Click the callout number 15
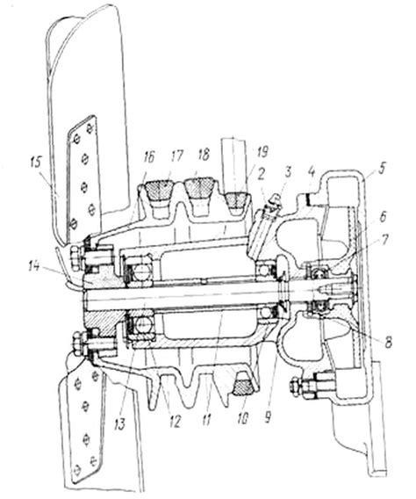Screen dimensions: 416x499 pyautogui.click(x=36, y=163)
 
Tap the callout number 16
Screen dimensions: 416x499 pyautogui.click(x=148, y=157)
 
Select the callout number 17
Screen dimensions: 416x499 pyautogui.click(x=176, y=156)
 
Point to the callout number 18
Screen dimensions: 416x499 pyautogui.click(x=204, y=155)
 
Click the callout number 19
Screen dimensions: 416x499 pyautogui.click(x=262, y=152)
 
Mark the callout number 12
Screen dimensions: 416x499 pyautogui.click(x=175, y=422)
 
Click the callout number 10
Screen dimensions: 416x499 pyautogui.click(x=242, y=419)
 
